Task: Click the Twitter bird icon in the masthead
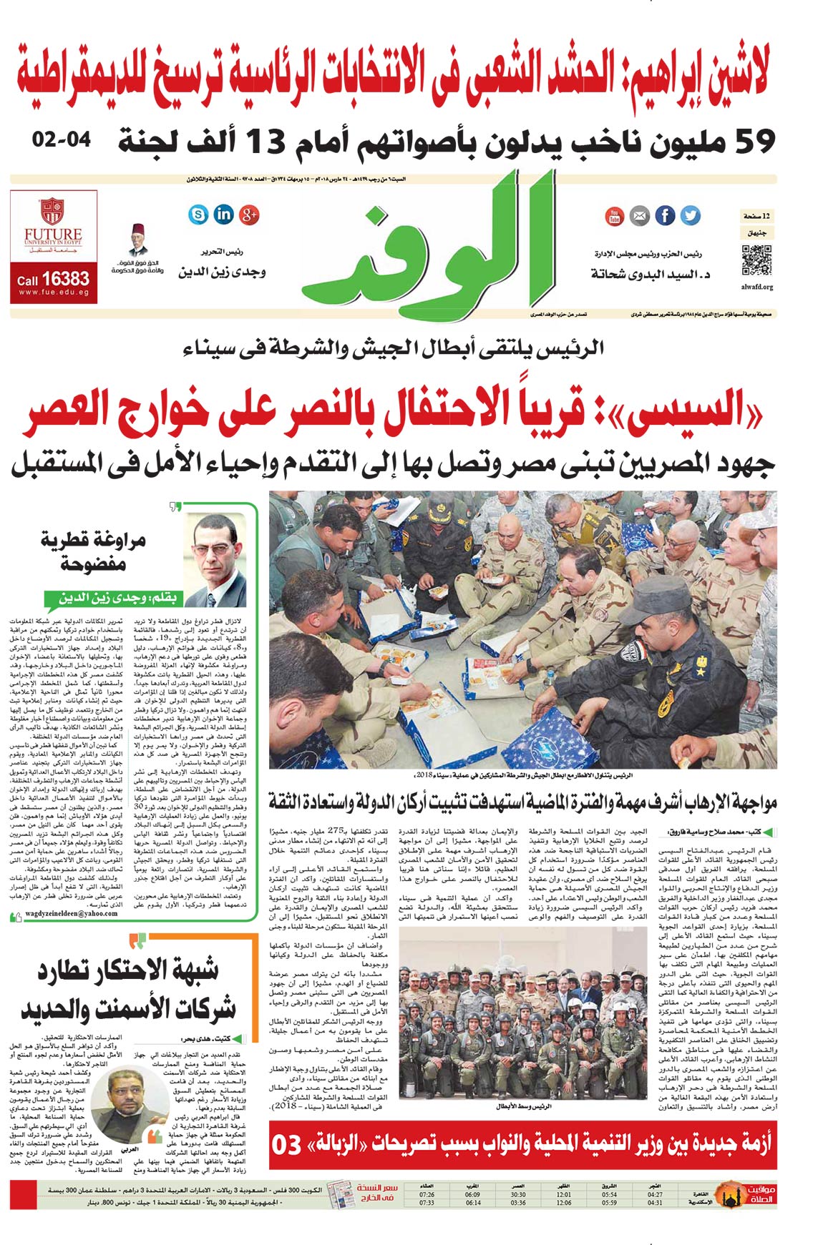[690, 215]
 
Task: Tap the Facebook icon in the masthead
[665, 215]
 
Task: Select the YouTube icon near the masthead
[615, 215]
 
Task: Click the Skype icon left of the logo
[198, 214]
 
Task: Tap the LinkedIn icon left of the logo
[223, 214]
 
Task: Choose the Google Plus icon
[249, 214]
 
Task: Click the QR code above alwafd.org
[756, 260]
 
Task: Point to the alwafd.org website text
[757, 287]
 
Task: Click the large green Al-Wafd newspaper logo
[429, 243]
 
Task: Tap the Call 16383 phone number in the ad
[54, 279]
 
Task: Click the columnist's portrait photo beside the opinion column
[217, 549]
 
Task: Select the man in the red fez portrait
[138, 240]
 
